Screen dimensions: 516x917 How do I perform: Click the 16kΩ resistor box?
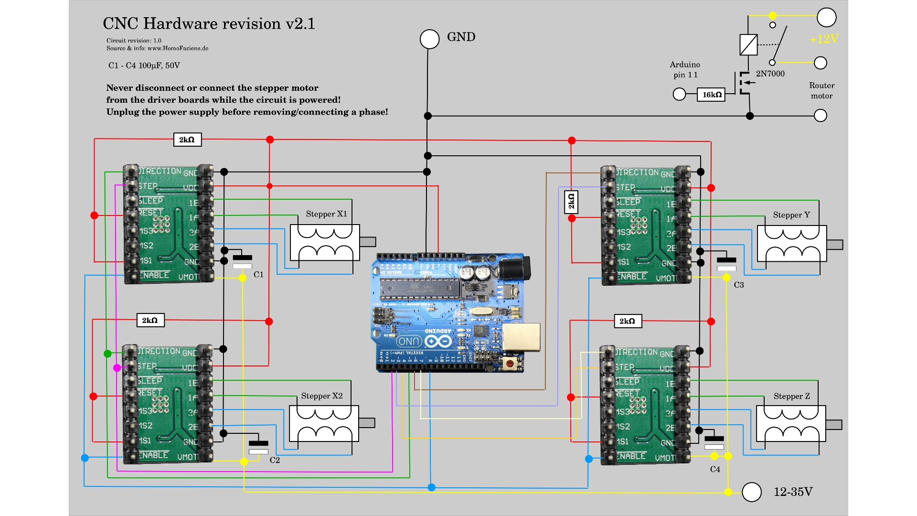point(711,95)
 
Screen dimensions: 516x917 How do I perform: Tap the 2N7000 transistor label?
point(770,74)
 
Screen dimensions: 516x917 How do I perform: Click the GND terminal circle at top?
point(429,39)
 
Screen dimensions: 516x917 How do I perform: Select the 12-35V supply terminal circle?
point(751,492)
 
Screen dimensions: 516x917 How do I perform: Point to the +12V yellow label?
point(824,39)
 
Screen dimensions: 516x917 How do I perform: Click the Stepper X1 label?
point(326,214)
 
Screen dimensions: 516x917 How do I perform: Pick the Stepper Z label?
point(791,396)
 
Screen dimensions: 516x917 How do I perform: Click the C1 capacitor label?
point(258,275)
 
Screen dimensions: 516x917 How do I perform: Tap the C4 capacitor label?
point(715,469)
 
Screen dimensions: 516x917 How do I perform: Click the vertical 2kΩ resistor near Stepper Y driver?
point(571,202)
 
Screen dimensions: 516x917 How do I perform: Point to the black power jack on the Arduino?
point(514,267)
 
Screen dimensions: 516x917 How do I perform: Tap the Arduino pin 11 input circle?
point(679,94)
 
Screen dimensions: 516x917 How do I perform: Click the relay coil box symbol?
point(748,45)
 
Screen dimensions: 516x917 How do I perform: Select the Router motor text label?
point(821,91)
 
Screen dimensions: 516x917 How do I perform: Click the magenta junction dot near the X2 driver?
point(117,368)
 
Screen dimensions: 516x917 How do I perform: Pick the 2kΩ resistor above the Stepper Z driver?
point(627,321)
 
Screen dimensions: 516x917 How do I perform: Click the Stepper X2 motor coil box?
point(324,424)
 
